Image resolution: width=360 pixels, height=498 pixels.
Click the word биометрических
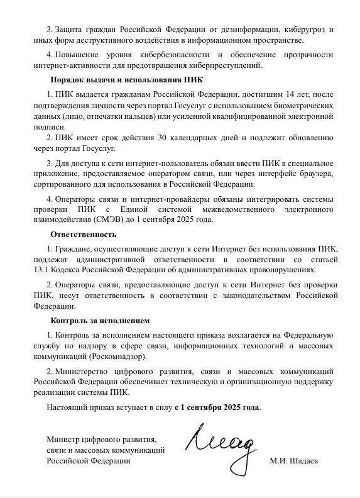pos(302,106)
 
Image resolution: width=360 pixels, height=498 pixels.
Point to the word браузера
pos(317,173)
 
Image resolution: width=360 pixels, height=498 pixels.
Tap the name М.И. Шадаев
pos(293,461)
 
